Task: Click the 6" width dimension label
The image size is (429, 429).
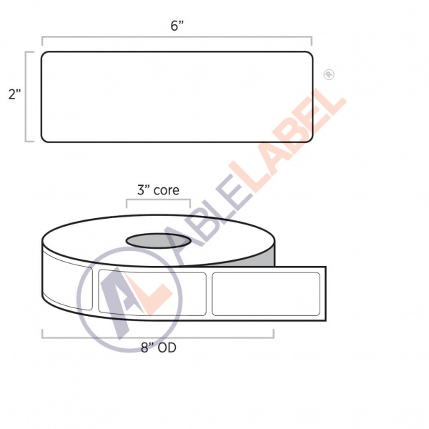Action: (177, 26)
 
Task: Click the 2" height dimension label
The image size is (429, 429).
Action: (14, 94)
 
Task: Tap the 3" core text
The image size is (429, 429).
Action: (158, 190)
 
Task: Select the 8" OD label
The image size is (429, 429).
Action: (159, 347)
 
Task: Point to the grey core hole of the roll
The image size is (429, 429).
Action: (158, 241)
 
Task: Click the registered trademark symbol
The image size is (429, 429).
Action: (329, 74)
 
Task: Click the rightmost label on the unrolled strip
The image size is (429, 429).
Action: (266, 294)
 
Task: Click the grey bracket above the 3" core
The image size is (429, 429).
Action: (158, 200)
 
